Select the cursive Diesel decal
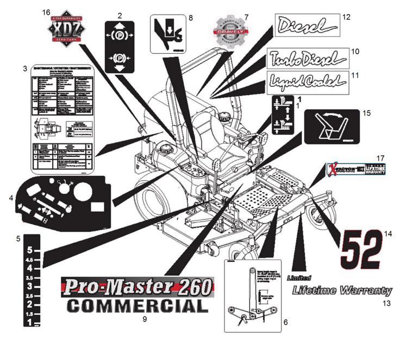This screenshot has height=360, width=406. click(x=305, y=25)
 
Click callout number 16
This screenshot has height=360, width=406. click(x=46, y=12)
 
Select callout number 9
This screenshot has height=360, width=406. click(x=145, y=319)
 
